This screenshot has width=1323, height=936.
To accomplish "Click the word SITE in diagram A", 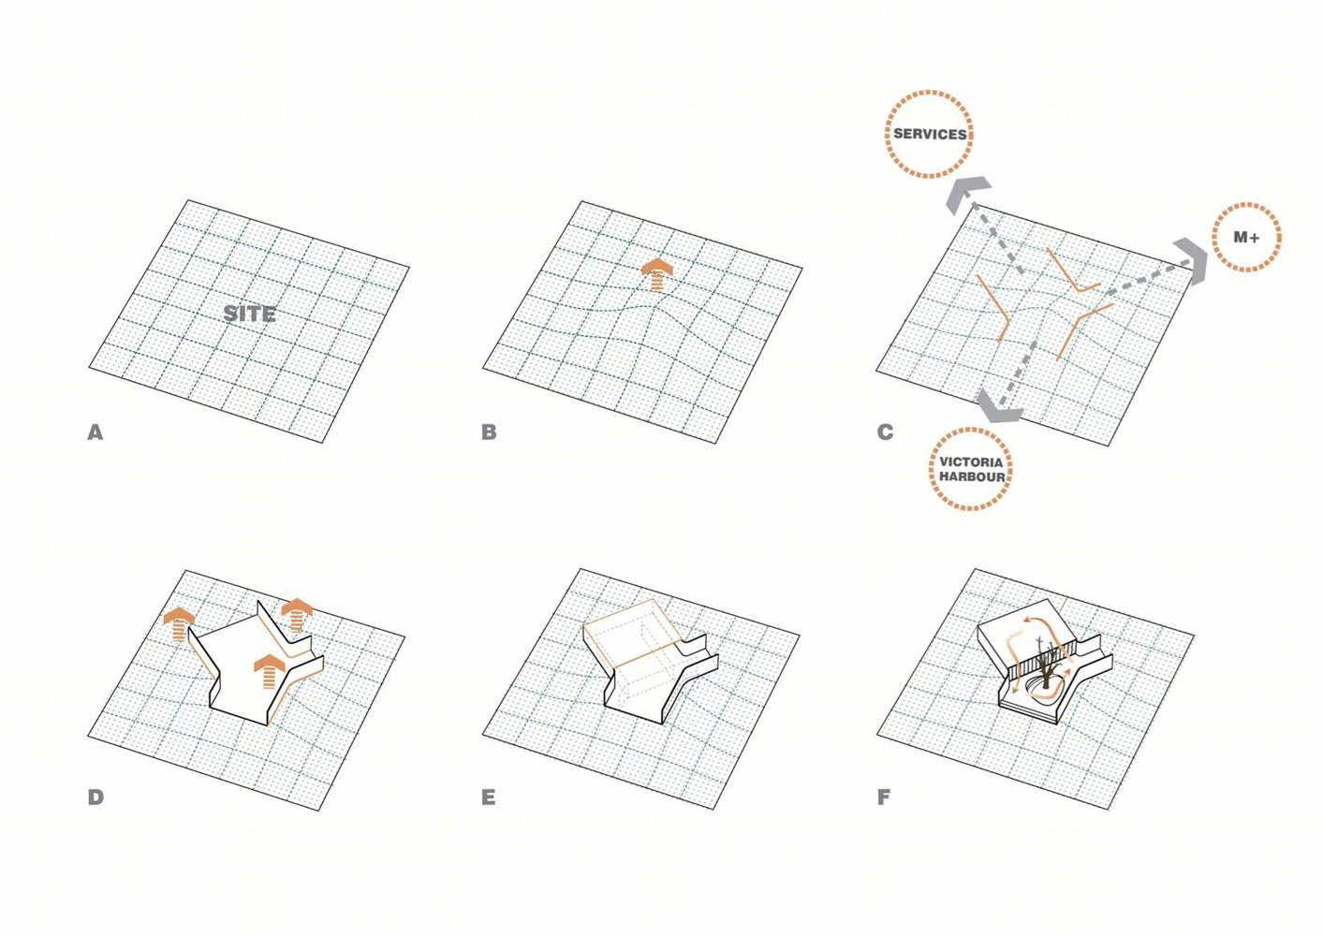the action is (249, 314).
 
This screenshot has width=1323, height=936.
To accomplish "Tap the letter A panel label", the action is (96, 432).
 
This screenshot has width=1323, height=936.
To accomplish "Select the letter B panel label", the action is (489, 432).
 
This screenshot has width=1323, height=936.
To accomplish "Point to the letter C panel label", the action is (885, 432).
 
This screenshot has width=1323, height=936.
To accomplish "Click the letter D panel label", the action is (96, 797).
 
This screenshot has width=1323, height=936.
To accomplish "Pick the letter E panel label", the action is (489, 797).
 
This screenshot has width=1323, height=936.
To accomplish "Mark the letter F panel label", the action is (884, 797).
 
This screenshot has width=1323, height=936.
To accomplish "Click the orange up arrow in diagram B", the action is (657, 274).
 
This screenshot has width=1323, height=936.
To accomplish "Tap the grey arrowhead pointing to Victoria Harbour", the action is (997, 409).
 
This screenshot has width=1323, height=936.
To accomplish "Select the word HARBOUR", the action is (972, 476).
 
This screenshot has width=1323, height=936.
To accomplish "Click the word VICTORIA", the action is (970, 461).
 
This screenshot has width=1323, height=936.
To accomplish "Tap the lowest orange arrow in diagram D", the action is (270, 672).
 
